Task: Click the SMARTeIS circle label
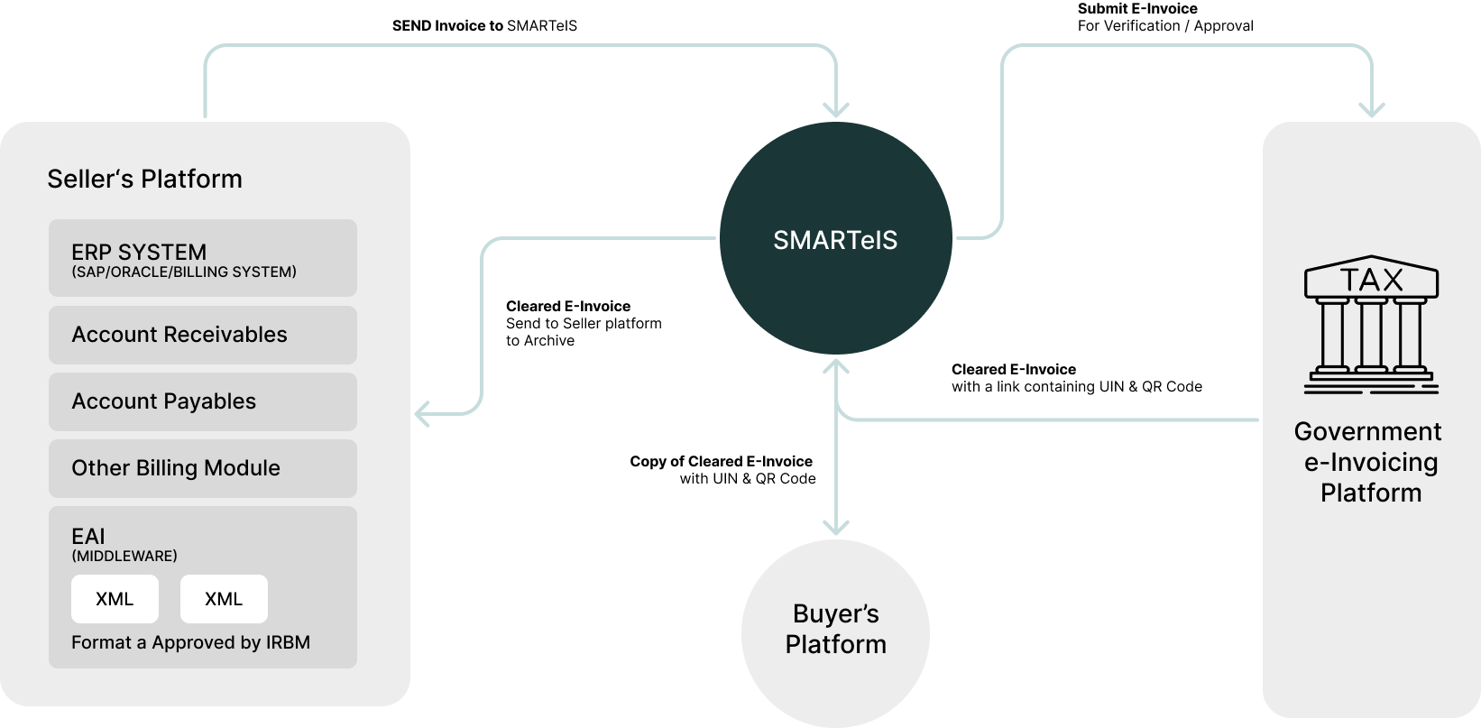tap(835, 241)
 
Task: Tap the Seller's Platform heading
tap(144, 179)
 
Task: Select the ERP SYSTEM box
tap(203, 258)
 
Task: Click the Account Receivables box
tap(203, 335)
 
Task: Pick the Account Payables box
tap(203, 401)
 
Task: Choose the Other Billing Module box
tap(203, 468)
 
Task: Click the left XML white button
tap(115, 599)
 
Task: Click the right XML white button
tap(224, 599)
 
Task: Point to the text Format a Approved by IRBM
tap(190, 642)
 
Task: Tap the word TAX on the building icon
tap(1371, 280)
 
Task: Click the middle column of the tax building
tap(1371, 334)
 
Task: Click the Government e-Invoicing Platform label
tap(1368, 462)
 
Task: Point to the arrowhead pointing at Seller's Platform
tap(421, 415)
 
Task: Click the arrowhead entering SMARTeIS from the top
tap(837, 110)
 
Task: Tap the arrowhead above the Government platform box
tap(1372, 110)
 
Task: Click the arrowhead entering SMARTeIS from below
tap(837, 365)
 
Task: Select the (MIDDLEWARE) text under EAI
tap(124, 556)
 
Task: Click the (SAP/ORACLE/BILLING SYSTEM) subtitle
tap(184, 272)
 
